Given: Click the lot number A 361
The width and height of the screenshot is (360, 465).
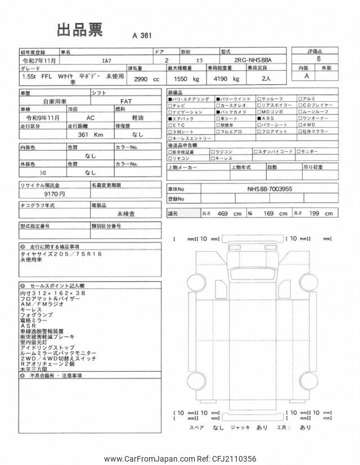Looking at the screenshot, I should [x=142, y=35].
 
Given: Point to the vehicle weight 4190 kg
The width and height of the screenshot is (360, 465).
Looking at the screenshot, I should [x=225, y=79].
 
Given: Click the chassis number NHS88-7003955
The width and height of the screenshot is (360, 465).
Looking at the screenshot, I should [x=270, y=190].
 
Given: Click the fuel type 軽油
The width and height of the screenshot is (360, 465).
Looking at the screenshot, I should [x=136, y=119].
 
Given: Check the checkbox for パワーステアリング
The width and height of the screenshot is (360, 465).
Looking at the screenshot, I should [x=170, y=99].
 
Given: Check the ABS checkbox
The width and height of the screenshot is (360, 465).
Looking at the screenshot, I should [x=256, y=118].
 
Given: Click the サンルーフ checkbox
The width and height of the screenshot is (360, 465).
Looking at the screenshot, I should [x=256, y=99].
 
